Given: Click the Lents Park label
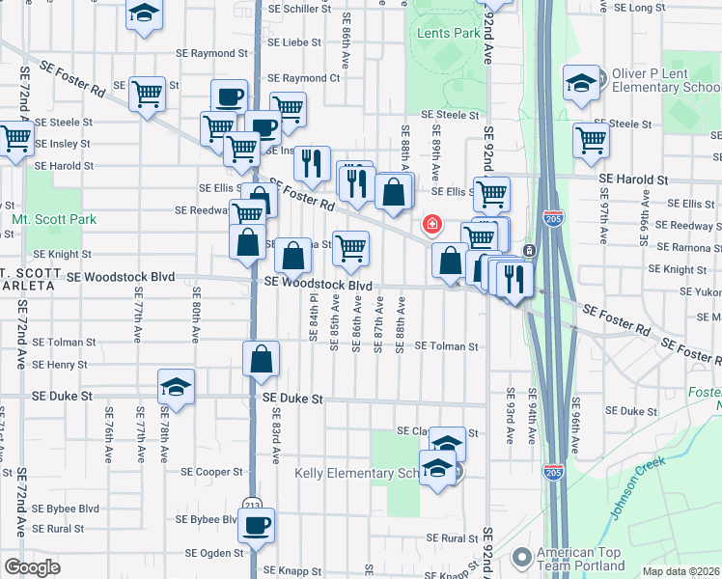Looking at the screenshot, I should [x=449, y=33].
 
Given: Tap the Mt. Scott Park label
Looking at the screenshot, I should [x=54, y=220].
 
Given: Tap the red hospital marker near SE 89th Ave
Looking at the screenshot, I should [x=432, y=225].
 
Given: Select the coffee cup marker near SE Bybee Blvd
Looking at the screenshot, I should [x=256, y=525].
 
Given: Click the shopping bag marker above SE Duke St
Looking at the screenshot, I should [x=262, y=359].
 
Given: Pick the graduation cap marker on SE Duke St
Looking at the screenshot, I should [x=176, y=386].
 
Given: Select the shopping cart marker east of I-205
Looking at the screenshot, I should [x=591, y=139].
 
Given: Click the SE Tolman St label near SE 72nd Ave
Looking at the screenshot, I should [x=64, y=342].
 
